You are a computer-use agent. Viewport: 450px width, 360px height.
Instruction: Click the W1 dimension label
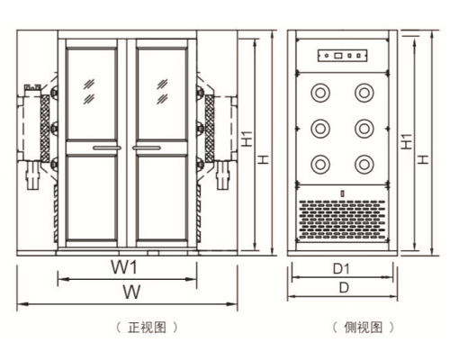(x=124, y=267)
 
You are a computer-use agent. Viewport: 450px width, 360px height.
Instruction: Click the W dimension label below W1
(x=131, y=292)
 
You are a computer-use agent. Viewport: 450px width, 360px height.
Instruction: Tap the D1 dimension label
(x=341, y=269)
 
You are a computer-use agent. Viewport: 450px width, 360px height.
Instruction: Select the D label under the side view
(x=344, y=288)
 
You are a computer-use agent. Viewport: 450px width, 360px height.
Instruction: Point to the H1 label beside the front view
(x=247, y=139)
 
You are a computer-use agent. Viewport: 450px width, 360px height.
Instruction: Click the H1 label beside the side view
(x=407, y=141)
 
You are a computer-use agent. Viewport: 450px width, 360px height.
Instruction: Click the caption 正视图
(x=147, y=327)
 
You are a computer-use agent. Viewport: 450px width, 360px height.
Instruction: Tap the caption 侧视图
(x=364, y=327)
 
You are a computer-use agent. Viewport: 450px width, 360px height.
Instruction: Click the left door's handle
(x=107, y=148)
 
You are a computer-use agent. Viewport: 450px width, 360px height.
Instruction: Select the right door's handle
(x=147, y=148)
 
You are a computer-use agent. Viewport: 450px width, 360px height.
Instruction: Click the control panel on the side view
(x=343, y=56)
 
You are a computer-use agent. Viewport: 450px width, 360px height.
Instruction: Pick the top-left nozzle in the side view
(x=320, y=93)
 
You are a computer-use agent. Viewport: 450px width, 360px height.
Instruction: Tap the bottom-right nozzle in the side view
(x=364, y=164)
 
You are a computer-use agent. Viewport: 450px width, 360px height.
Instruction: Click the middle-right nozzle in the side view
(x=364, y=129)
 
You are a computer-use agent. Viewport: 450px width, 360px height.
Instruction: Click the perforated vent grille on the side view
(x=342, y=220)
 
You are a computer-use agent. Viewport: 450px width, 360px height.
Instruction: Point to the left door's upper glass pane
(x=92, y=94)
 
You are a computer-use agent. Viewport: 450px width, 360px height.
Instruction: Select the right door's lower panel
(x=162, y=197)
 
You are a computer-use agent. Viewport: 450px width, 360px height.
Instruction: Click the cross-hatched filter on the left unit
(x=45, y=129)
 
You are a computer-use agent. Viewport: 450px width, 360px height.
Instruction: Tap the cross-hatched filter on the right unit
(x=210, y=129)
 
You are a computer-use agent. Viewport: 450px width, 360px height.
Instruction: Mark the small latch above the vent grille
(x=342, y=193)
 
